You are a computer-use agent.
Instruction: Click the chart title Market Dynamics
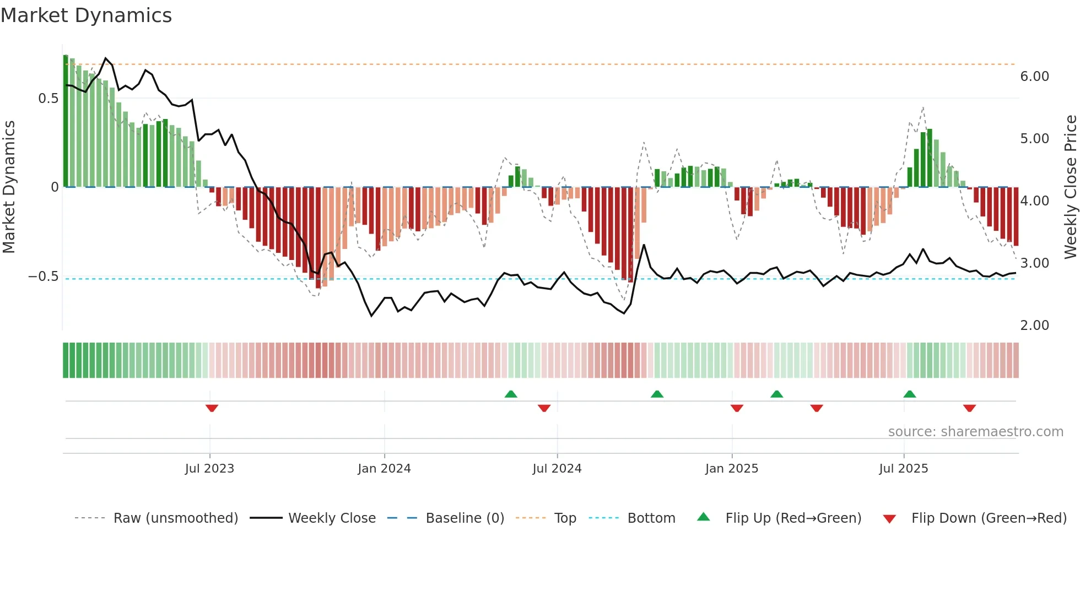[x=87, y=15]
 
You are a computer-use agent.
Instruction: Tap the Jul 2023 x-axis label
[x=209, y=469]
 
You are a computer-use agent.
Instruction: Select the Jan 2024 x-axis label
[x=384, y=469]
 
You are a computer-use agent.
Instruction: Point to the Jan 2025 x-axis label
[x=732, y=469]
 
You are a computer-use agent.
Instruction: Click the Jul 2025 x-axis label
[x=904, y=469]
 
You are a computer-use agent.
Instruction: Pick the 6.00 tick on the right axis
[x=1034, y=77]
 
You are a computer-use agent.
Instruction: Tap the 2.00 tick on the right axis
[x=1034, y=326]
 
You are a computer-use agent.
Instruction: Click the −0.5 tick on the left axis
[x=44, y=277]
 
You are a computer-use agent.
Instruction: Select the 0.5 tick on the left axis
[x=48, y=99]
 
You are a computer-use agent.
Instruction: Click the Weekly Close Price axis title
[x=1070, y=187]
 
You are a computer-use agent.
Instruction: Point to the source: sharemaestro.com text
[x=975, y=432]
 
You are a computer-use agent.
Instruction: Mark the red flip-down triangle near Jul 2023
[x=212, y=408]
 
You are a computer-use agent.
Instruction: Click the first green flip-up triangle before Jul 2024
[x=511, y=394]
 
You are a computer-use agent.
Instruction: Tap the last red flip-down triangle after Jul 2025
[x=969, y=408]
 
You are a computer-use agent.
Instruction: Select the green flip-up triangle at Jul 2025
[x=910, y=394]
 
